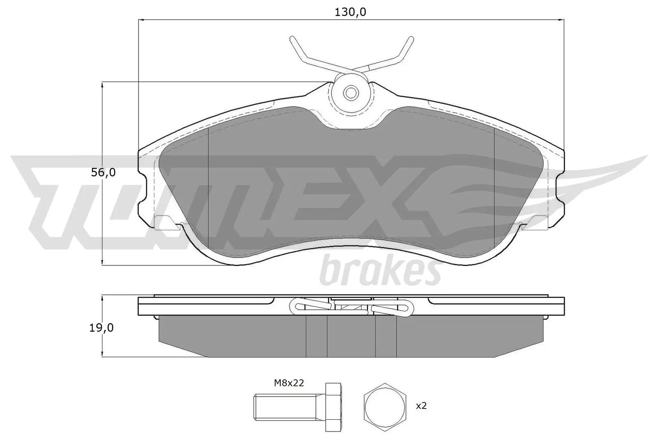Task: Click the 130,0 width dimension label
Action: (350, 12)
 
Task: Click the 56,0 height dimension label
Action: (103, 172)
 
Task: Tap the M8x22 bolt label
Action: (289, 383)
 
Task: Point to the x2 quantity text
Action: (421, 406)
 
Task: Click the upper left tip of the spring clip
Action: (292, 39)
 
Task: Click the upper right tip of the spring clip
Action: (410, 39)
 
